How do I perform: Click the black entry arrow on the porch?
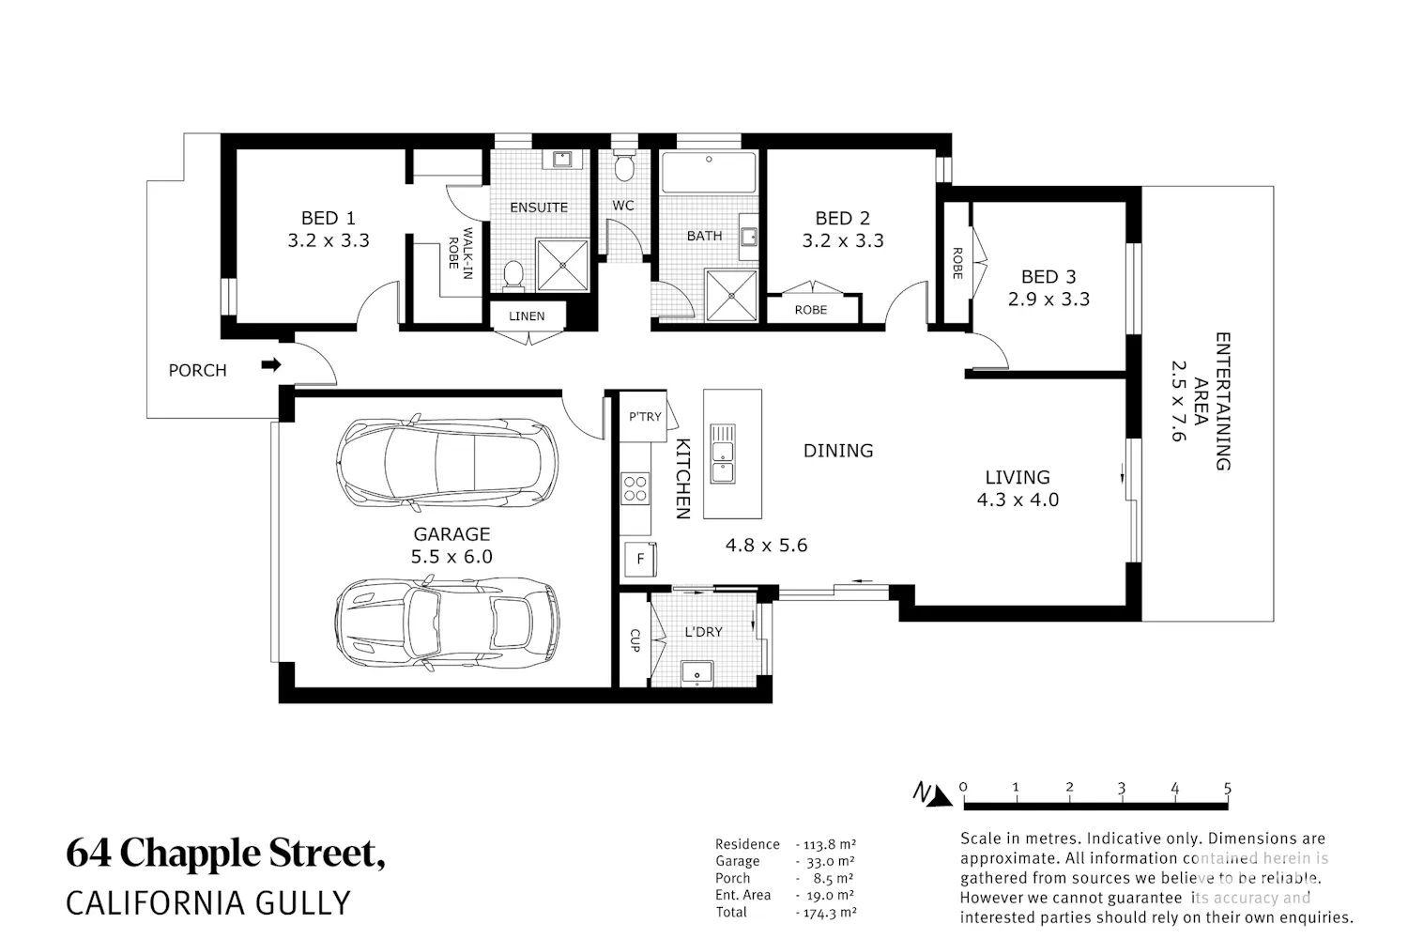271,364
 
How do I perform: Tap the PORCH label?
197,371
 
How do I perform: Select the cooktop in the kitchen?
635,488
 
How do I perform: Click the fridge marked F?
640,559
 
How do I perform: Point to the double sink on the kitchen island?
723,454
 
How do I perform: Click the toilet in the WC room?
623,164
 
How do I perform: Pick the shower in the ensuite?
562,266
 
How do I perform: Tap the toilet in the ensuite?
513,276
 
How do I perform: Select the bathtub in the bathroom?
709,172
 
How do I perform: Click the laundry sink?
697,673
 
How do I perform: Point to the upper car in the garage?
447,462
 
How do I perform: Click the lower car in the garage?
447,622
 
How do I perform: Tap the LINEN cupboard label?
527,316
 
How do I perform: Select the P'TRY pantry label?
645,416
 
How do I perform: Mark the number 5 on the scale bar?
1227,788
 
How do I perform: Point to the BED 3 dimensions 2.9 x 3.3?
1048,300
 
